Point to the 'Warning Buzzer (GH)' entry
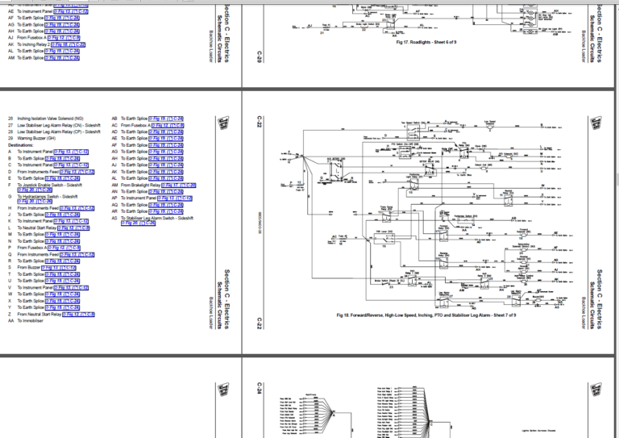point(46,138)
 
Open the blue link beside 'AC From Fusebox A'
point(169,125)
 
